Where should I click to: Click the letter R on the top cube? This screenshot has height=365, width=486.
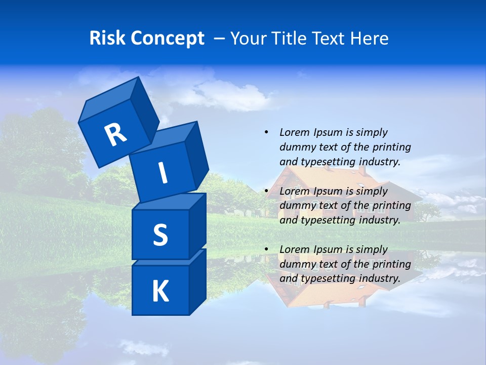(115, 135)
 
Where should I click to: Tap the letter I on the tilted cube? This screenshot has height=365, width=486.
(163, 173)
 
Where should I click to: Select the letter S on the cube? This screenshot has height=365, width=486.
(160, 235)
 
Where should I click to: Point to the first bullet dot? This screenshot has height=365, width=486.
(266, 132)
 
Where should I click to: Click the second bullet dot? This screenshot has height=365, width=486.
(266, 191)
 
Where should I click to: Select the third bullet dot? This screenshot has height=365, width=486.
(266, 249)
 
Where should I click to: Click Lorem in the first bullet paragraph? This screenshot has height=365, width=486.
(294, 132)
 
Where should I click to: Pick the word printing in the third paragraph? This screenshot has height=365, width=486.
(391, 264)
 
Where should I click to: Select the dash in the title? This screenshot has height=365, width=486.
(220, 38)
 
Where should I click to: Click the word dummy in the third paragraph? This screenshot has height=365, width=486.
(297, 264)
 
